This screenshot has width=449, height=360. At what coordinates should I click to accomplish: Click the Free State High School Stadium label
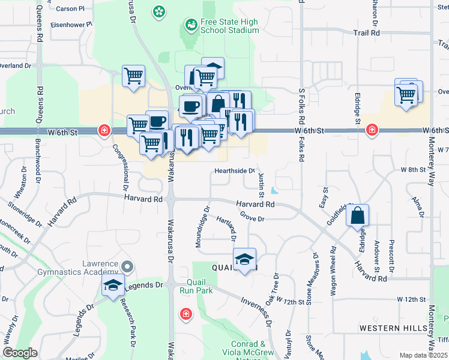pyautogui.click(x=229, y=26)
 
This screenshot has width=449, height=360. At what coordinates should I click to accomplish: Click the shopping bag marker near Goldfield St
pyautogui.click(x=357, y=215)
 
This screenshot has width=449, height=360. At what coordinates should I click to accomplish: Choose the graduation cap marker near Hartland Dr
pyautogui.click(x=244, y=259)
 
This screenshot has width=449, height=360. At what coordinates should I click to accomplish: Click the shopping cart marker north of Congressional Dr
pyautogui.click(x=133, y=76)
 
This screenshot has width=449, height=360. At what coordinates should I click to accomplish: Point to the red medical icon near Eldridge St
pyautogui.click(x=372, y=129)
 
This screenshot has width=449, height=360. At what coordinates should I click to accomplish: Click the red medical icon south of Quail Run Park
pyautogui.click(x=186, y=314)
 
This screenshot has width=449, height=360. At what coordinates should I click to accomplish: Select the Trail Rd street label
pyautogui.click(x=367, y=34)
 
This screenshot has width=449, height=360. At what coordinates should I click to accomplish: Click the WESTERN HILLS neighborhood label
pyautogui.click(x=393, y=328)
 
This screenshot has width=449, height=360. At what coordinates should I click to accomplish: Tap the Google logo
pyautogui.click(x=20, y=353)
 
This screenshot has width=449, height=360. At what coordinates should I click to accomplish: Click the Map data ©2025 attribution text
pyautogui.click(x=423, y=355)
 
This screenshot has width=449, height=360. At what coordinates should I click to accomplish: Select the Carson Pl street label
pyautogui.click(x=70, y=9)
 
